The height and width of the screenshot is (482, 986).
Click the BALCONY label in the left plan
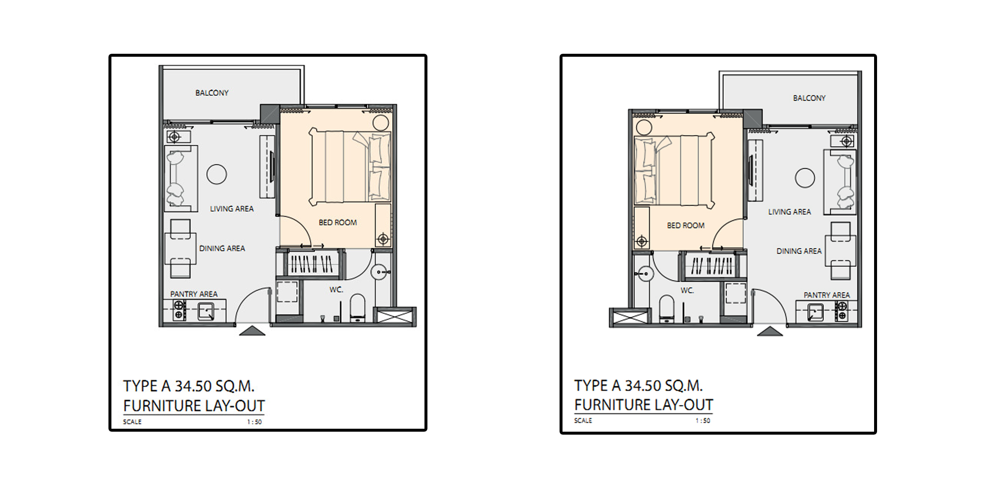[212, 93]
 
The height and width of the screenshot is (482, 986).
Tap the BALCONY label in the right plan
[809, 98]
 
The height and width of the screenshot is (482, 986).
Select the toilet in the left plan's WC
[357, 307]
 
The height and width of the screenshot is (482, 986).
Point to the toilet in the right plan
[667, 308]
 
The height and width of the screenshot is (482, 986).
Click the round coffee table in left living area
[216, 174]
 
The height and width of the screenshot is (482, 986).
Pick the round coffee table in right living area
[805, 178]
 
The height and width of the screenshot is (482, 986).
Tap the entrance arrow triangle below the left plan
[252, 331]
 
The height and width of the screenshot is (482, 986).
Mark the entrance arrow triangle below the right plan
[770, 332]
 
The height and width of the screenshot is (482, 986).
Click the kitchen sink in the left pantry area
[205, 311]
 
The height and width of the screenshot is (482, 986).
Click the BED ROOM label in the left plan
[338, 222]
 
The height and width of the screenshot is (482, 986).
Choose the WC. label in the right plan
[687, 291]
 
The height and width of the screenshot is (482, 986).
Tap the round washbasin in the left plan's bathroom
[379, 272]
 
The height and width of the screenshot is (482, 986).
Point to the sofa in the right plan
[840, 182]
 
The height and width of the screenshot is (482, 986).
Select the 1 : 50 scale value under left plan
[254, 422]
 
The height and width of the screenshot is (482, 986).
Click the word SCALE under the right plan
[583, 420]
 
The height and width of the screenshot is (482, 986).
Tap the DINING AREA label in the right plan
[799, 251]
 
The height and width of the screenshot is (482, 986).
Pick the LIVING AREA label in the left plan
[232, 209]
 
